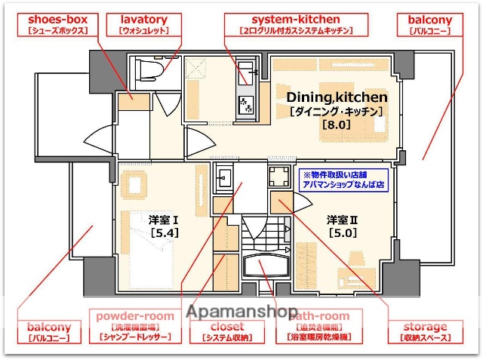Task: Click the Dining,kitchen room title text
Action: (x=337, y=97)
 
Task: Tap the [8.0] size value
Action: (x=336, y=125)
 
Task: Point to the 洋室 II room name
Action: (x=341, y=220)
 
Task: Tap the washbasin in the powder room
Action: (x=224, y=179)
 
